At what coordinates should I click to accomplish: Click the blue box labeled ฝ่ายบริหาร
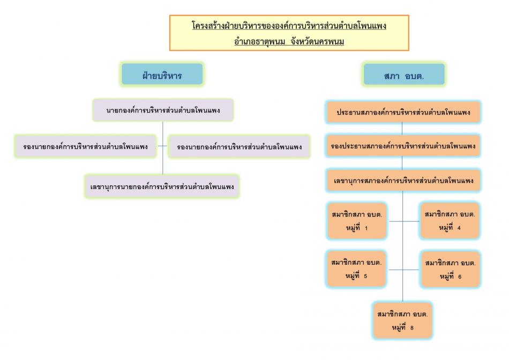(162, 74)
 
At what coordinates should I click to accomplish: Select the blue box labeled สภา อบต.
(404, 74)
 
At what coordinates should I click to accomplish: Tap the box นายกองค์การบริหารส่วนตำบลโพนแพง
(163, 110)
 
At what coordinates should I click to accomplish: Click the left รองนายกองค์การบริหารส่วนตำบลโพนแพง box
(85, 146)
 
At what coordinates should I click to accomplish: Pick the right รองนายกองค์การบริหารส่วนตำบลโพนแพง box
(239, 146)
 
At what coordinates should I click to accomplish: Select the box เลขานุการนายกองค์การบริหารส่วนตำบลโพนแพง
(162, 186)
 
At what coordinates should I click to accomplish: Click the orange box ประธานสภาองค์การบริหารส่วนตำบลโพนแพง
(403, 112)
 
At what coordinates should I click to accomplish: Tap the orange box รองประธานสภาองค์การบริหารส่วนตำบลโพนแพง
(403, 146)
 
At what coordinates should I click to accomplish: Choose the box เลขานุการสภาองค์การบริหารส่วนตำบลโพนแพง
(403, 180)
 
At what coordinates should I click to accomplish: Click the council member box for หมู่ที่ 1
(357, 221)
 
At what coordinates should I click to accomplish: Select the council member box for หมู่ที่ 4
(450, 221)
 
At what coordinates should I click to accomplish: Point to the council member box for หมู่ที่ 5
(356, 269)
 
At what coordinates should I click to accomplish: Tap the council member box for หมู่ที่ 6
(450, 269)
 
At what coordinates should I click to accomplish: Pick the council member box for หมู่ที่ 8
(402, 320)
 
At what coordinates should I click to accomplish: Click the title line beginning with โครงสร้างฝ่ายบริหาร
(289, 25)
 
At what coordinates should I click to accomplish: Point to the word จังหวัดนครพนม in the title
(317, 42)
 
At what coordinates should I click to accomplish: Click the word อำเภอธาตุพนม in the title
(259, 42)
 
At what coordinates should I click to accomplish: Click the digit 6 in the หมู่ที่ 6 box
(460, 277)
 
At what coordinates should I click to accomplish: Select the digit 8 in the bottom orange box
(411, 328)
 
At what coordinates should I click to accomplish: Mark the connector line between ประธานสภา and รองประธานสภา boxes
(402, 129)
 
